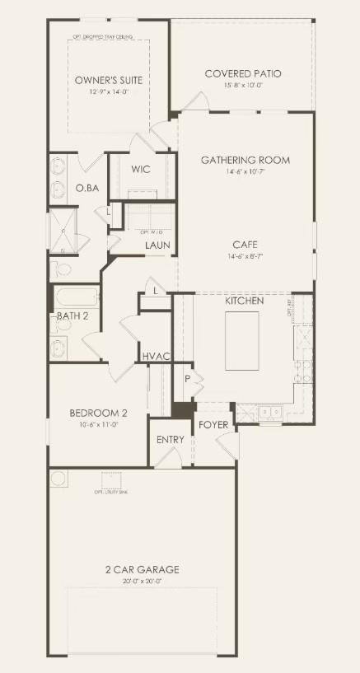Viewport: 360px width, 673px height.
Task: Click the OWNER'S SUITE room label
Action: click(x=108, y=80)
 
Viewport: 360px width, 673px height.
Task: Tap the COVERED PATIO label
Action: click(x=242, y=74)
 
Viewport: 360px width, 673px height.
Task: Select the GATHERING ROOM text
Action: click(x=245, y=160)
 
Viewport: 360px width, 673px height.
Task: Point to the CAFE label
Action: click(x=245, y=245)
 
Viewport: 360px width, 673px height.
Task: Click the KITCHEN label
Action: click(x=245, y=301)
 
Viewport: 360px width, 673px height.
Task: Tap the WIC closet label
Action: click(x=140, y=170)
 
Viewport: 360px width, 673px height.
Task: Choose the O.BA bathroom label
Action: click(x=87, y=189)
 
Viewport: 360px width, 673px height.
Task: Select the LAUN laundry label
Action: click(x=157, y=245)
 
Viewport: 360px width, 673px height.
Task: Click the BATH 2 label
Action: click(x=72, y=316)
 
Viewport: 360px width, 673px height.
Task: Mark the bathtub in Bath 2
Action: click(x=77, y=297)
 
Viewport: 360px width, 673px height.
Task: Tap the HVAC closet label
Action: click(x=156, y=356)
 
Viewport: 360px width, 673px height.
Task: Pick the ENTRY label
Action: click(x=170, y=440)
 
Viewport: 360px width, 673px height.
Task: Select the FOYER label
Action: click(x=213, y=425)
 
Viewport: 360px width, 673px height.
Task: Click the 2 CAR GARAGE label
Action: click(x=142, y=569)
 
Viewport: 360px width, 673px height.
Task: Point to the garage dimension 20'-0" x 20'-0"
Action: click(x=142, y=582)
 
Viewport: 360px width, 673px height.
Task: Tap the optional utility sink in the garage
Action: click(x=111, y=480)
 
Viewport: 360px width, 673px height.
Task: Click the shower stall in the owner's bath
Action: click(x=63, y=231)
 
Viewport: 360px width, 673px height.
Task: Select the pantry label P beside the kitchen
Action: click(x=187, y=378)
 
